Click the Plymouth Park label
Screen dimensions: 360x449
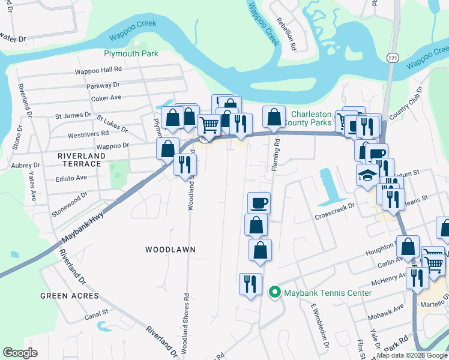click(x=131, y=53)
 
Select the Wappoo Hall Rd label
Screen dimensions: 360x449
click(x=98, y=70)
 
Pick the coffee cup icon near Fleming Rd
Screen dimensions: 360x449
click(x=259, y=203)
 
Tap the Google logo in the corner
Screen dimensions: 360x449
click(x=20, y=353)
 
